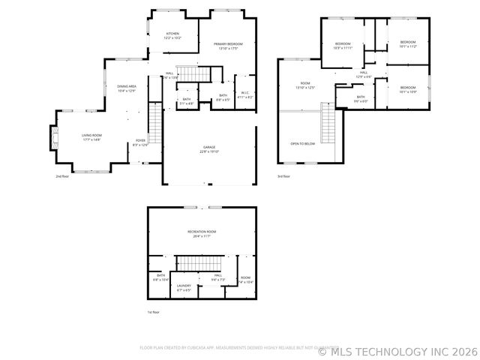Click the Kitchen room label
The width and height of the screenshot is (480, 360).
click(172, 35)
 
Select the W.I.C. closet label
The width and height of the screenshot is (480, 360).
click(245, 96)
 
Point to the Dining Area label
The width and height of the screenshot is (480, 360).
click(126, 88)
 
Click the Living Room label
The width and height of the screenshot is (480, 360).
click(91, 137)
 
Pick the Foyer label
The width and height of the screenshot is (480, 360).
click(140, 142)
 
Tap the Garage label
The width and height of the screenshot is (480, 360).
click(209, 149)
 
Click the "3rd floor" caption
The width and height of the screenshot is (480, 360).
click(283, 177)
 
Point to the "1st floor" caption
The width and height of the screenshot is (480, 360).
click(153, 312)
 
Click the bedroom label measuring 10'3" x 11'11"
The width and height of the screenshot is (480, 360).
click(343, 45)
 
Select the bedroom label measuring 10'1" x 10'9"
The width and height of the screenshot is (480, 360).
click(407, 90)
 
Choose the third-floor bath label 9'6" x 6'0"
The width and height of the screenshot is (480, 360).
click(361, 98)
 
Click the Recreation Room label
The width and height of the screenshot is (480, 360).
click(202, 233)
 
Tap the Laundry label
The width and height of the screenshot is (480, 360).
click(184, 286)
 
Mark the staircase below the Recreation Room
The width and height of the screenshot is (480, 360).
click(201, 264)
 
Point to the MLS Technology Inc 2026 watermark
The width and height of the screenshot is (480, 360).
click(397, 350)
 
